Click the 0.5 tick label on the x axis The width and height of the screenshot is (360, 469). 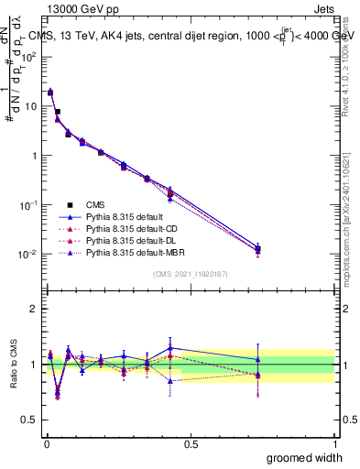[190, 443]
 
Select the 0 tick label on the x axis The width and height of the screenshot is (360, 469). [46, 443]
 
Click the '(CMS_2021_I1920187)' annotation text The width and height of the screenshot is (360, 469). [190, 273]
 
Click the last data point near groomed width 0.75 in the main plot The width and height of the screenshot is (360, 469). [257, 249]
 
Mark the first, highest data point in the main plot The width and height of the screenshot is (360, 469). [50, 92]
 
